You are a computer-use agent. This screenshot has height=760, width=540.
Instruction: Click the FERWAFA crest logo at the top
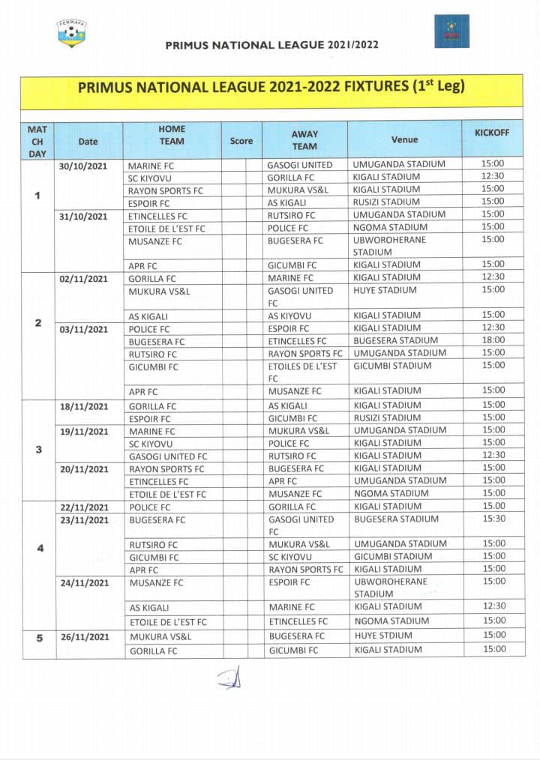click(x=71, y=33)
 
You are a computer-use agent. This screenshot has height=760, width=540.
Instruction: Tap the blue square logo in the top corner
click(x=451, y=31)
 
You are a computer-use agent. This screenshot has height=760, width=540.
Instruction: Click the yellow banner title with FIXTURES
click(x=271, y=86)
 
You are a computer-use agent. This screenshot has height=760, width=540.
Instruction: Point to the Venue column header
click(x=404, y=139)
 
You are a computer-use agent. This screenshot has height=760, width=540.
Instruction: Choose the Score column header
click(x=241, y=140)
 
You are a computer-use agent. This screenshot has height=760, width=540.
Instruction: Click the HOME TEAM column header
click(x=172, y=135)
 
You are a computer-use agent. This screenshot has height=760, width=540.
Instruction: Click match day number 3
click(x=37, y=450)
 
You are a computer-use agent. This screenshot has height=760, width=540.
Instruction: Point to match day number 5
click(x=37, y=638)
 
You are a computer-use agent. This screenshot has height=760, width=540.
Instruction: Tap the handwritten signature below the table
click(x=229, y=679)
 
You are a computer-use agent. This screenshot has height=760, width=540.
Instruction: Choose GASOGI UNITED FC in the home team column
click(x=167, y=456)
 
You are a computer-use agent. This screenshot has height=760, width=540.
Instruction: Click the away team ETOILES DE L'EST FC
click(x=303, y=372)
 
